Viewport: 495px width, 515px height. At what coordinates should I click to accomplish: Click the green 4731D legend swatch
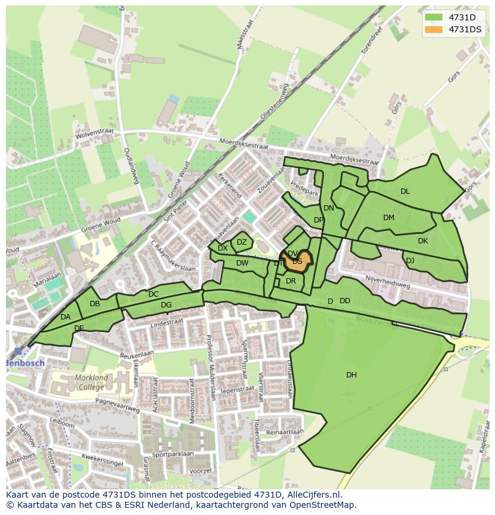click(433, 17)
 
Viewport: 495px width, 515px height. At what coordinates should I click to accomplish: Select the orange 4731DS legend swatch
click(433, 29)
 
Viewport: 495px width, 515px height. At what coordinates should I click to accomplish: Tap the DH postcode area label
click(352, 375)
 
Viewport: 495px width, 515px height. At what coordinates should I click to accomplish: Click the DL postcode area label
click(405, 191)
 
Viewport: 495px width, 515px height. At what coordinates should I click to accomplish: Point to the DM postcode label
click(389, 218)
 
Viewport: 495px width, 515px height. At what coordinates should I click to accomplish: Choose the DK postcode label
click(423, 241)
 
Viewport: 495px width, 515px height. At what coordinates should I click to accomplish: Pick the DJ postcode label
click(410, 261)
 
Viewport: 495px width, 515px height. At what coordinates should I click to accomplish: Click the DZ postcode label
click(242, 242)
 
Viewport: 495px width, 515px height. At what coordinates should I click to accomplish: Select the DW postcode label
click(242, 263)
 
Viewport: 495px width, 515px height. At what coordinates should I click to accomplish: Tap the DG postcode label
click(166, 305)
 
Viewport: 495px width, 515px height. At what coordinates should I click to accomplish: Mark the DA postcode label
click(66, 317)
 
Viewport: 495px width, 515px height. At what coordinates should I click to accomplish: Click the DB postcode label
click(94, 304)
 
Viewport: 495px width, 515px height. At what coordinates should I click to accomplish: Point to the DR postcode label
click(291, 281)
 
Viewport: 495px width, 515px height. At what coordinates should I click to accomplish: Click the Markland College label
click(92, 382)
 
